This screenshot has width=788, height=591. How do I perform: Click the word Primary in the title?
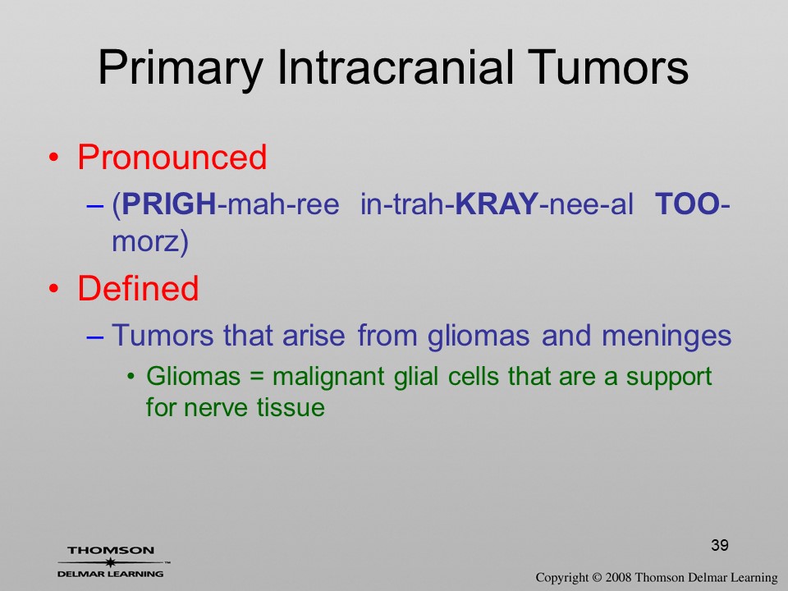coord(181,68)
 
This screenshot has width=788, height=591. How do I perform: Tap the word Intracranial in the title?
coord(396,67)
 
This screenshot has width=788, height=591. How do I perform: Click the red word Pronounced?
coord(172,157)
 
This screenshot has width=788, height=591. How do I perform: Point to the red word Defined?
coord(138,288)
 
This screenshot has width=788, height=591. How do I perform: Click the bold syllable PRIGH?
coord(169,204)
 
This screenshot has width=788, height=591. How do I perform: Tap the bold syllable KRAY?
coord(497,204)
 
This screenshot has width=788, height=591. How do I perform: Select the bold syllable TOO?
coord(688,204)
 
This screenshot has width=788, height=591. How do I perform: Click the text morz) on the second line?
coord(149,241)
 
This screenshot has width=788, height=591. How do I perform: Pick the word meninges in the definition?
coord(667,337)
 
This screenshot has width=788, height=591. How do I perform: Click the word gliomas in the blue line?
coord(479,337)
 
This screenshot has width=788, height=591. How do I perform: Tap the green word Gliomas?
coord(193,376)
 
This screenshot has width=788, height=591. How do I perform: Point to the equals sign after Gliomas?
coord(256,377)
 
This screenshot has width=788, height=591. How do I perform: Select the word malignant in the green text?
coord(328,378)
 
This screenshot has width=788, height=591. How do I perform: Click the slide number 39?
coord(720,545)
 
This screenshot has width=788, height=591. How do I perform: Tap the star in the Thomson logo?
coord(110,562)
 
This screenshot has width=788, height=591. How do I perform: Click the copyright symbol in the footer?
coord(597,577)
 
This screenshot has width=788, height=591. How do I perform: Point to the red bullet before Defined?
coord(53,289)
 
